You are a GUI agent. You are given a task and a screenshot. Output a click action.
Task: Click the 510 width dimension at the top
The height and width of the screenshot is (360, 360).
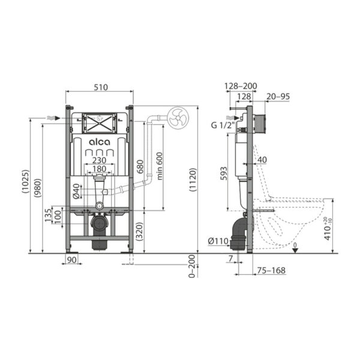pos(100,87)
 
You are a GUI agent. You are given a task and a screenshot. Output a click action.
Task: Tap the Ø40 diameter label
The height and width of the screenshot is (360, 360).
pos(76,191)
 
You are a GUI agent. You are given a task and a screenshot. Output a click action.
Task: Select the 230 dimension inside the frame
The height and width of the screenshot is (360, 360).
pos(100,160)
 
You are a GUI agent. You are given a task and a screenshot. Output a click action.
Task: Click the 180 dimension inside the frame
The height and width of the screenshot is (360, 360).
pos(100,169)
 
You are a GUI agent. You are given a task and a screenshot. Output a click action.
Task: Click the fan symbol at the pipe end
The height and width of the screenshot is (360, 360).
pos(178,118)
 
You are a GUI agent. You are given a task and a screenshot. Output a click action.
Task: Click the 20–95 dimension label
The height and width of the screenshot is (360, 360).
pos(277,96)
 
